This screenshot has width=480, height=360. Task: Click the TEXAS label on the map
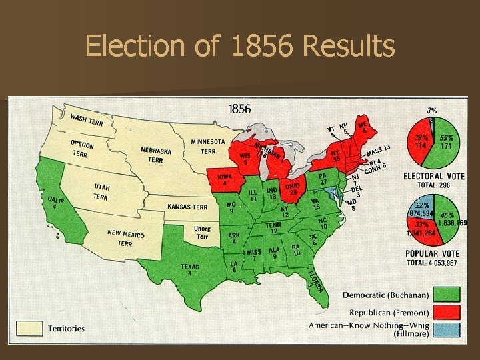pyautogui.click(x=190, y=269)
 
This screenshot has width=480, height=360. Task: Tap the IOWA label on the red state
pyautogui.click(x=225, y=179)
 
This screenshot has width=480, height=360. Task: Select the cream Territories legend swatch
pyautogui.click(x=29, y=328)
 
